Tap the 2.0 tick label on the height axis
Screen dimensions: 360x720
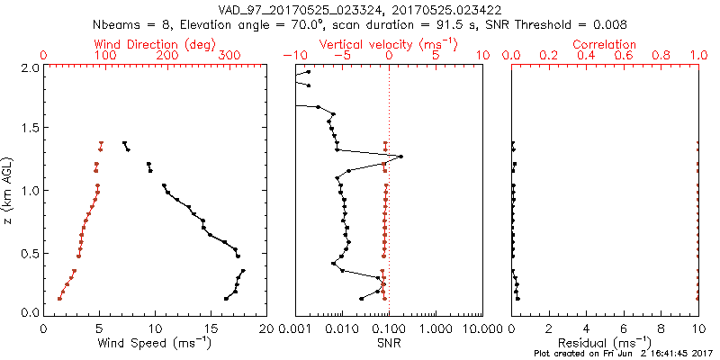(28, 67)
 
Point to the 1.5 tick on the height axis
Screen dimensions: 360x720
(28, 129)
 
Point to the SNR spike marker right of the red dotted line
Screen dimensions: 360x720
(400, 157)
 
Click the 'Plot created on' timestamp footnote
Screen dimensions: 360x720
(616, 355)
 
